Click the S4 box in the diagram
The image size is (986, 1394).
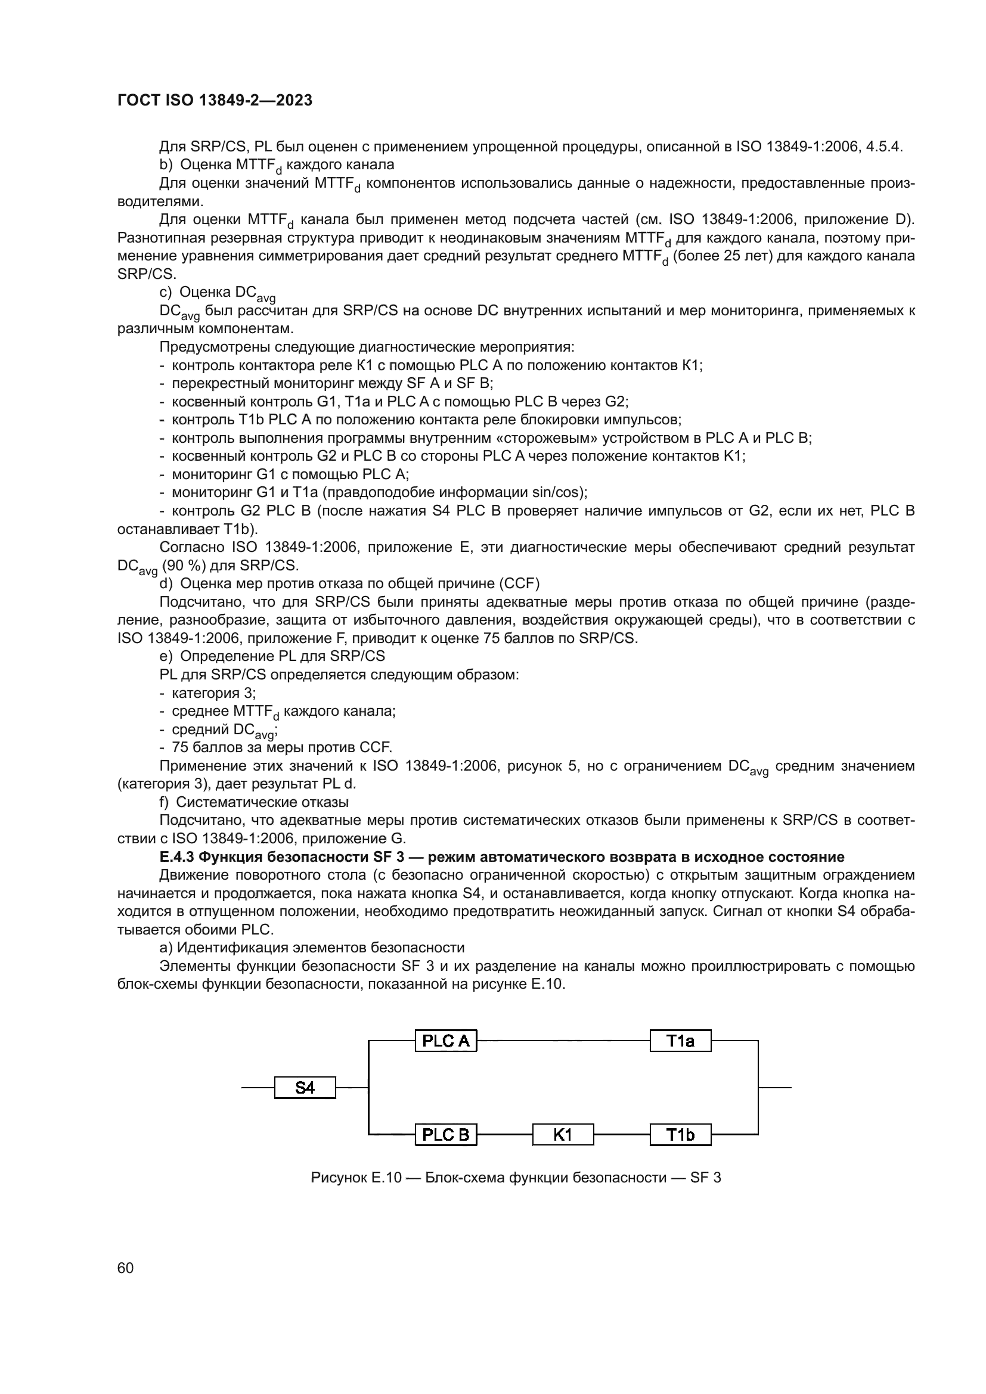coord(305,1088)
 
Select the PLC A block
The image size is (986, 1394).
coord(446,1041)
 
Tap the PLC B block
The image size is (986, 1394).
coord(446,1134)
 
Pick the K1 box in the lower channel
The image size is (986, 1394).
coord(563,1134)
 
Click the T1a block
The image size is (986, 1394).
coord(680,1041)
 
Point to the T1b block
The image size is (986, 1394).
coord(680,1134)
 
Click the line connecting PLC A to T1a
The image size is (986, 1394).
coord(563,1041)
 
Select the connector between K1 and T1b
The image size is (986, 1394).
coord(622,1134)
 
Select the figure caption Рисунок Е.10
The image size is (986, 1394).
coord(356,1178)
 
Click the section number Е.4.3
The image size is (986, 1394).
coord(176,856)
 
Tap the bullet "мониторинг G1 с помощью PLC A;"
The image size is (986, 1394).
coord(290,474)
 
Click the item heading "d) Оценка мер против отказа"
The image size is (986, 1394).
coord(349,583)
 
